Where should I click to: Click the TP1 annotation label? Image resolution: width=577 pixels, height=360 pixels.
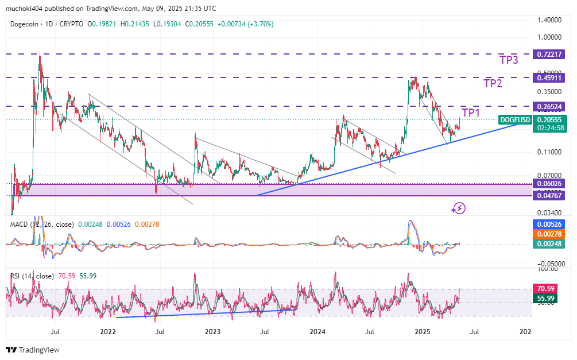471,113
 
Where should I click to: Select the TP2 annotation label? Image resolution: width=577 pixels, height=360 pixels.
493,83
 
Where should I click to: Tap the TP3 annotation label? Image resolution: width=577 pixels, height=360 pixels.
509,60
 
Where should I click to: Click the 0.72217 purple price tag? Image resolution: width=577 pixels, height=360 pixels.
549,54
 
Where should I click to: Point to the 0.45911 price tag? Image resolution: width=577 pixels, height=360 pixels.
549,77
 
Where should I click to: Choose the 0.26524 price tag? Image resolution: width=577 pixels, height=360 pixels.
549,106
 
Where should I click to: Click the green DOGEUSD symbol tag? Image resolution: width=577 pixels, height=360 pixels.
514,119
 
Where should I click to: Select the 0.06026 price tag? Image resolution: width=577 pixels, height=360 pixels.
549,184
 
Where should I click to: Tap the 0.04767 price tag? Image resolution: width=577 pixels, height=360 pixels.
549,195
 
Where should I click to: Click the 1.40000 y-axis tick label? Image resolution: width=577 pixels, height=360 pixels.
549,20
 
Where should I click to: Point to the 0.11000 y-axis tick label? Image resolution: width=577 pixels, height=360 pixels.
549,152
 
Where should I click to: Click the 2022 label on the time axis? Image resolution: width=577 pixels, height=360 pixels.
108,332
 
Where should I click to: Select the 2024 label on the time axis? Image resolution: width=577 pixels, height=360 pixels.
317,332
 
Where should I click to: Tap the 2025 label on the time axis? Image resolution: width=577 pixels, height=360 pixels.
423,332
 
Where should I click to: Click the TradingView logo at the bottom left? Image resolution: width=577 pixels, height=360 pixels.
33,350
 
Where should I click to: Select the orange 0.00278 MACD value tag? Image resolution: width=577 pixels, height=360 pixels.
549,234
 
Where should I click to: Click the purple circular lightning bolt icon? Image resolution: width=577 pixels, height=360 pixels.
458,208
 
